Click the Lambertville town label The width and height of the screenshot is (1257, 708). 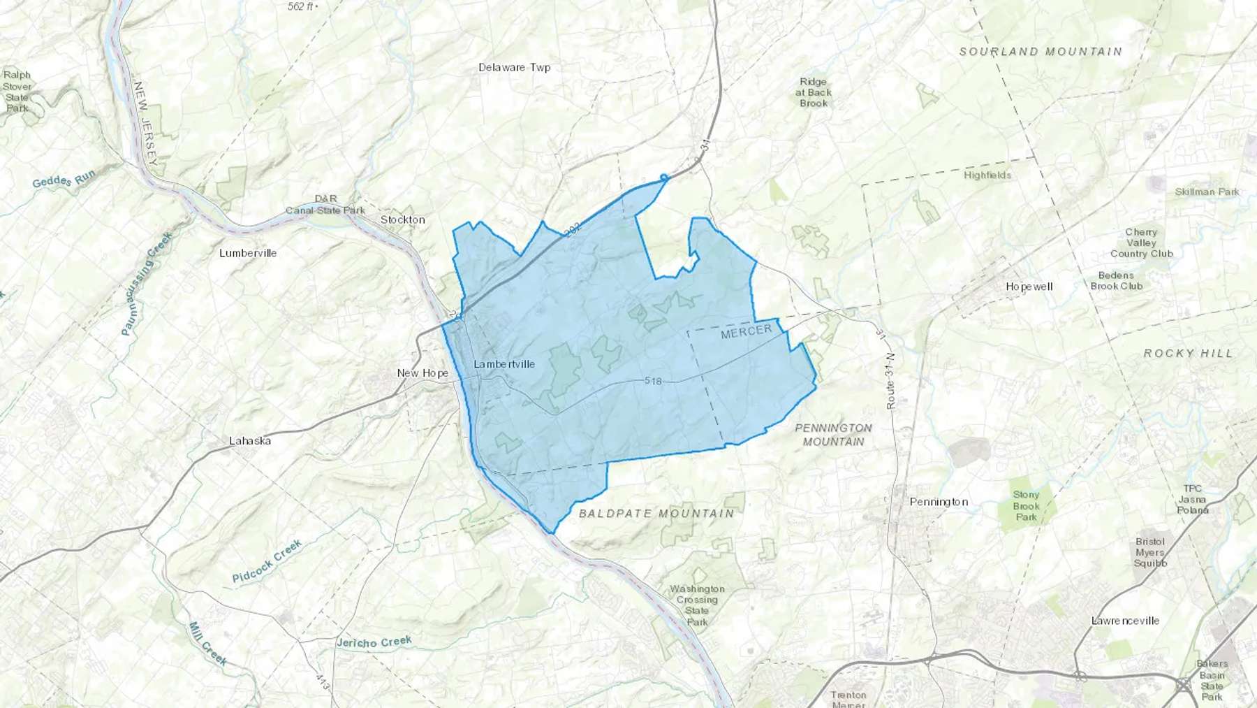point(503,364)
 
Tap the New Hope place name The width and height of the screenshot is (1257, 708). point(422,373)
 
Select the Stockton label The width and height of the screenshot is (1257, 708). point(403,219)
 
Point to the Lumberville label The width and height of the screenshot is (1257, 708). point(248,253)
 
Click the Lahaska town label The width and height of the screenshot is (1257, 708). point(250,440)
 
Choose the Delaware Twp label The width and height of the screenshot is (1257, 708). point(515,67)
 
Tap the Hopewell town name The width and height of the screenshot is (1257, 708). point(1029,287)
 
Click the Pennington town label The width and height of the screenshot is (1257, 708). point(939,502)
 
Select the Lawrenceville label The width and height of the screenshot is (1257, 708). point(1125,621)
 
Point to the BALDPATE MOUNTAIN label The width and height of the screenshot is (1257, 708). point(656,513)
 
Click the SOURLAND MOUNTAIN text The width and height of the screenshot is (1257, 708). point(1041,52)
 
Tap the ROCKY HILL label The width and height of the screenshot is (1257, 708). point(1189,354)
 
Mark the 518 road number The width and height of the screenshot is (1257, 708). point(653,381)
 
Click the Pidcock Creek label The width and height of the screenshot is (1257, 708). point(267,561)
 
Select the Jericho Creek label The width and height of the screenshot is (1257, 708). point(374,642)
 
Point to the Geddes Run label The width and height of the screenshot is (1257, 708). point(64,179)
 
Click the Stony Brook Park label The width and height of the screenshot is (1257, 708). point(1026,506)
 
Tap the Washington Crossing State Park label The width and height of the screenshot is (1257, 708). point(697,605)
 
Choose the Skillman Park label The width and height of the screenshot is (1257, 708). point(1206,192)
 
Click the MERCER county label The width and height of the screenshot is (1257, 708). point(746,331)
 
